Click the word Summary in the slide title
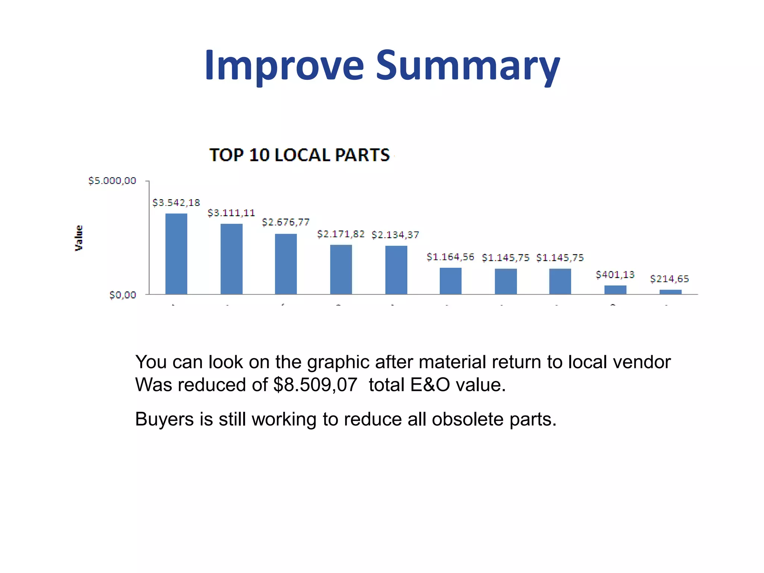[468, 66]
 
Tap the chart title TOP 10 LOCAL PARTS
[300, 155]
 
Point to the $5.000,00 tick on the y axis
[112, 181]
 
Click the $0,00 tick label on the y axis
[123, 295]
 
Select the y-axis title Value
[79, 238]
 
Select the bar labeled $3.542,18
[176, 254]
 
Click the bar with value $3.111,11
[231, 259]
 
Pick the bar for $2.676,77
[286, 264]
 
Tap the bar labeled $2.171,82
[341, 269]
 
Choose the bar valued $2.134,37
[396, 270]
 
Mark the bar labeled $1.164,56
[451, 281]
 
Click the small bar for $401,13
[615, 290]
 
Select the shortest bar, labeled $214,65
[670, 292]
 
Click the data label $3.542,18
[176, 203]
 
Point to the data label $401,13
[615, 275]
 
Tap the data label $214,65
[670, 279]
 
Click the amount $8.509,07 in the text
[315, 385]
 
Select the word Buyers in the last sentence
[164, 419]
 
